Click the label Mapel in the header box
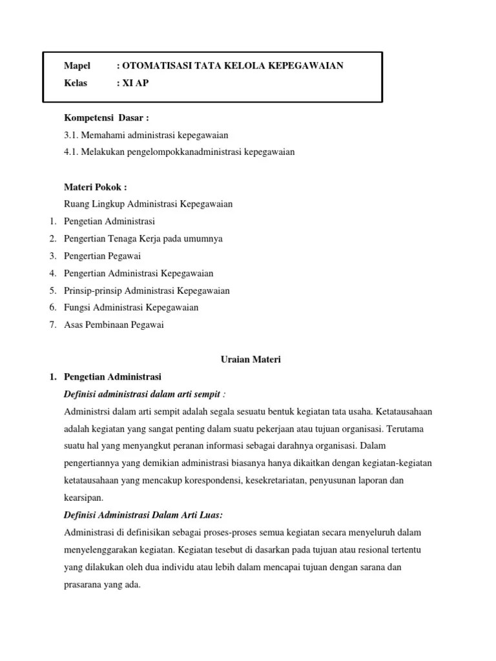point(77,66)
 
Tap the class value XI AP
point(136,83)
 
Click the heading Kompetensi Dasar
point(107,117)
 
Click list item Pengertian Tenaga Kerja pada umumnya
point(143,239)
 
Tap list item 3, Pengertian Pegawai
point(103,256)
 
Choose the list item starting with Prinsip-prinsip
point(147,290)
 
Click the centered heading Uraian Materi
point(247,360)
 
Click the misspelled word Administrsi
point(88,411)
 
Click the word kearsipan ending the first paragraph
point(83,498)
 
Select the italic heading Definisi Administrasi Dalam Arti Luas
point(143,514)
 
